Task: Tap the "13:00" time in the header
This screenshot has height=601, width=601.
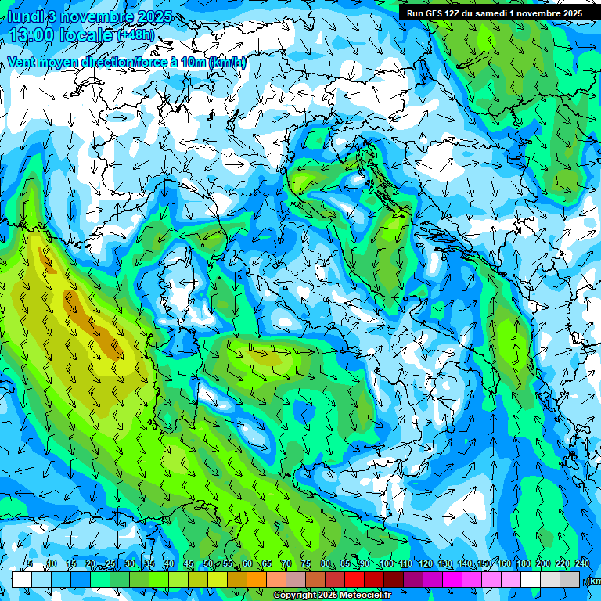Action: [x=31, y=35]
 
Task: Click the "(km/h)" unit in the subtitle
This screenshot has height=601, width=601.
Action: [x=227, y=63]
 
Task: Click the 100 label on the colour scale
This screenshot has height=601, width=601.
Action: [x=386, y=564]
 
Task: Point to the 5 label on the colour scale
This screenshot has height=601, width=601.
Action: [x=30, y=564]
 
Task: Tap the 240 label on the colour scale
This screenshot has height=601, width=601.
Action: [x=581, y=564]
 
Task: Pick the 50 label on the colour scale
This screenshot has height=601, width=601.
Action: [x=207, y=564]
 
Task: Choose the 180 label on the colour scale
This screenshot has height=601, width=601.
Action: [x=522, y=564]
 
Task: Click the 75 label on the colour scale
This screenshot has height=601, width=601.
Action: [x=305, y=564]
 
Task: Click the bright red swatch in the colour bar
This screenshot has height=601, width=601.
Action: [x=354, y=579]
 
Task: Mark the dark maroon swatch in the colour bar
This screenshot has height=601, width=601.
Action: [x=394, y=579]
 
